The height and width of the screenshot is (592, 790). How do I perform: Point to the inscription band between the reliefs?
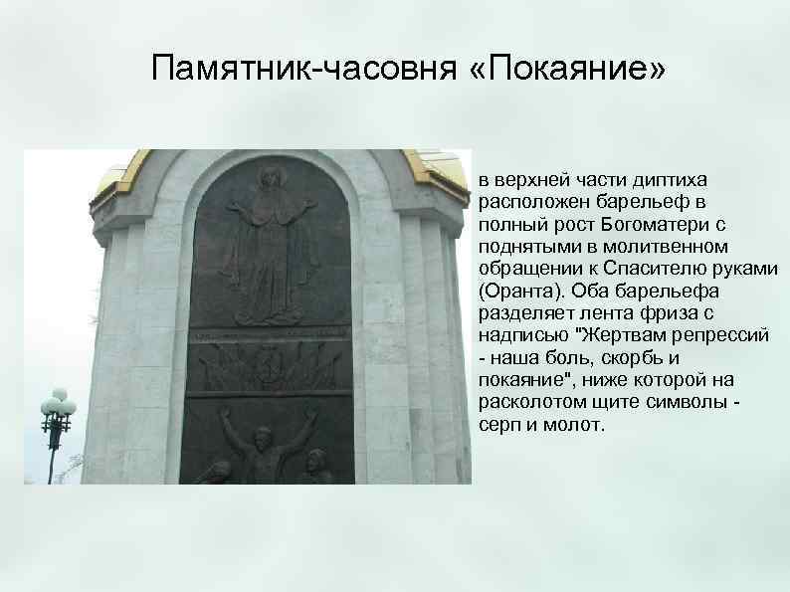[x=271, y=337]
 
